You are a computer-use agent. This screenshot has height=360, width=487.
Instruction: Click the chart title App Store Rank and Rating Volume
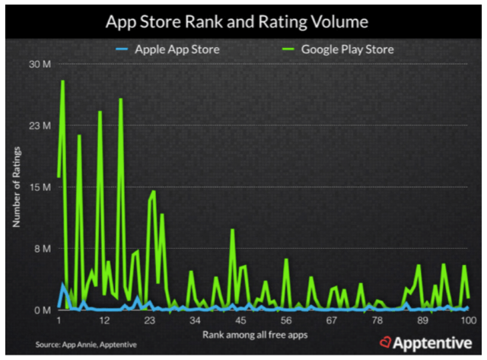[243, 21]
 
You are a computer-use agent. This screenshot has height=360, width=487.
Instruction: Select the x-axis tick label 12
[105, 321]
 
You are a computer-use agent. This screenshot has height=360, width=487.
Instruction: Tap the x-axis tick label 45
[240, 321]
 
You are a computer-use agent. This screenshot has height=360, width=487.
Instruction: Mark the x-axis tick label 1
[60, 321]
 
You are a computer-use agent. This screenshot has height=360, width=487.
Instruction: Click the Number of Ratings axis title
[15, 186]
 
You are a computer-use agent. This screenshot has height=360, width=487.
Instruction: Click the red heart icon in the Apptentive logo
[386, 343]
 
